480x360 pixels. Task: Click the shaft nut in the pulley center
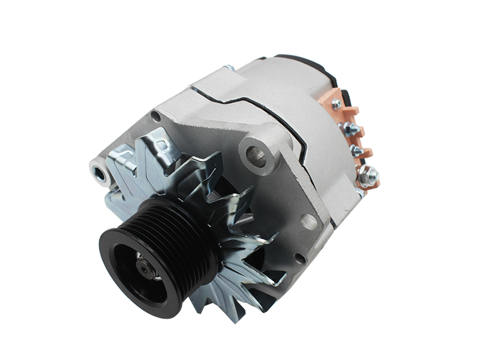146,269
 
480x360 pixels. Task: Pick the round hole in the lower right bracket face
309,221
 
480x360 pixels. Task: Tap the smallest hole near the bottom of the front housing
298,258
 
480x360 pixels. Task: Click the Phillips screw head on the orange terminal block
337,104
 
